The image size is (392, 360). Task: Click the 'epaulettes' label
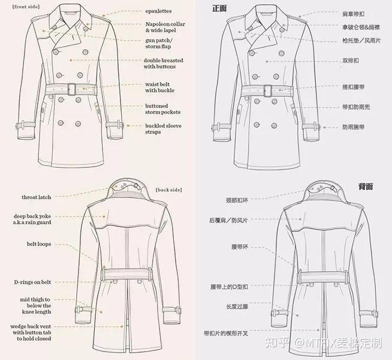click(x=158, y=11)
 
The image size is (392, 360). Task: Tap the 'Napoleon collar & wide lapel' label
click(x=165, y=27)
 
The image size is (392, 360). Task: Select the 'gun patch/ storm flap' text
click(x=159, y=43)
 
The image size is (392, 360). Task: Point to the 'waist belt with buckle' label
click(x=160, y=88)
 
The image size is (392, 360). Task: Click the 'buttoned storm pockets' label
click(x=163, y=109)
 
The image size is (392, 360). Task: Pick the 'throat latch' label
click(x=36, y=197)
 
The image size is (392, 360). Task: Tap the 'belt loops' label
click(x=39, y=244)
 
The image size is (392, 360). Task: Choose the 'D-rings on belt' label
click(x=32, y=282)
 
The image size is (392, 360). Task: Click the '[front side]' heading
click(x=26, y=7)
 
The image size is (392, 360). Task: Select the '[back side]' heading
click(x=169, y=190)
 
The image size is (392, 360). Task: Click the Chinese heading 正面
click(x=219, y=8)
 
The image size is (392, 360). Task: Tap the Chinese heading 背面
click(x=366, y=187)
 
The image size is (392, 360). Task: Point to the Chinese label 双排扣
click(x=351, y=61)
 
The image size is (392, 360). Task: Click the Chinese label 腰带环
click(x=240, y=247)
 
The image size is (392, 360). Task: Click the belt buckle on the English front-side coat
click(x=72, y=89)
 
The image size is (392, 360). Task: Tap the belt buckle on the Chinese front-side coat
click(x=267, y=91)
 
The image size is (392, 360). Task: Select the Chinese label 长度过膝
click(x=237, y=307)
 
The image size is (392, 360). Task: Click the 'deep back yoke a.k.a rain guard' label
click(x=32, y=219)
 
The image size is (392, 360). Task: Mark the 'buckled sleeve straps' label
click(x=163, y=129)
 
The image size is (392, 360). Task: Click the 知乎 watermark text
click(x=277, y=343)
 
